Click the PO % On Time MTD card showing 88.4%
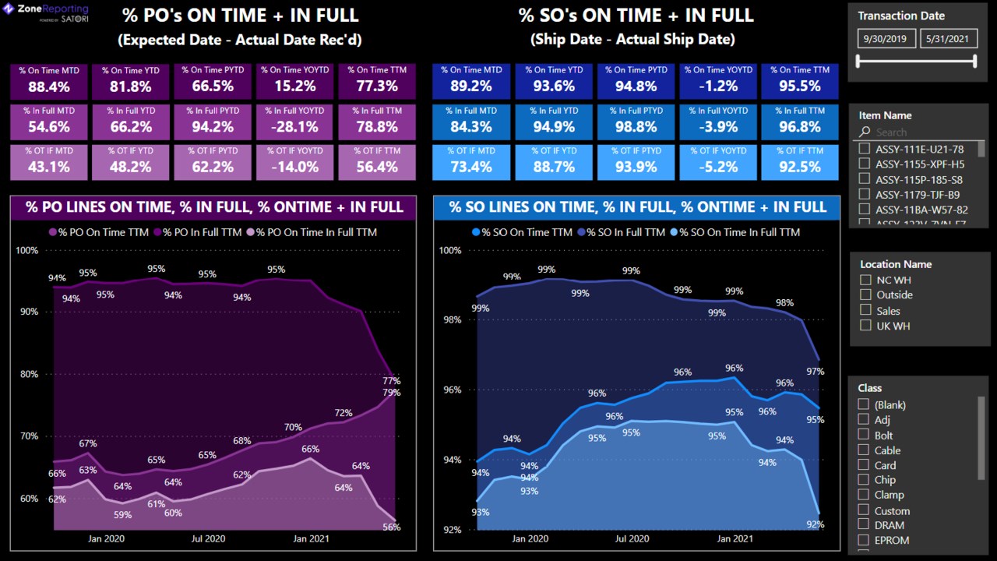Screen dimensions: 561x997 click(50, 80)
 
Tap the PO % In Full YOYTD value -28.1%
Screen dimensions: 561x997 click(294, 126)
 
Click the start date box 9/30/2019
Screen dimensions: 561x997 click(886, 39)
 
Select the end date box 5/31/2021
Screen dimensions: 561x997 click(948, 39)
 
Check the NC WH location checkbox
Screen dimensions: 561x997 click(865, 280)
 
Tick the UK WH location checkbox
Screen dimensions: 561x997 click(865, 326)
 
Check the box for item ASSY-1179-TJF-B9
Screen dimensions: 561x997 click(864, 194)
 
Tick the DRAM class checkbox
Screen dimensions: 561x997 click(864, 525)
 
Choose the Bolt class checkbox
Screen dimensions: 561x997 click(864, 435)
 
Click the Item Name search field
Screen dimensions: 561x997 click(919, 132)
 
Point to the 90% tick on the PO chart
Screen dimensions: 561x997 click(27, 312)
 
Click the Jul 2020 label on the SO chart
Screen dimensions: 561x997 click(632, 538)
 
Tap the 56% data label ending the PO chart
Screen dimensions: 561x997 click(392, 527)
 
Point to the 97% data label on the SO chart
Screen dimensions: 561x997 click(815, 372)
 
